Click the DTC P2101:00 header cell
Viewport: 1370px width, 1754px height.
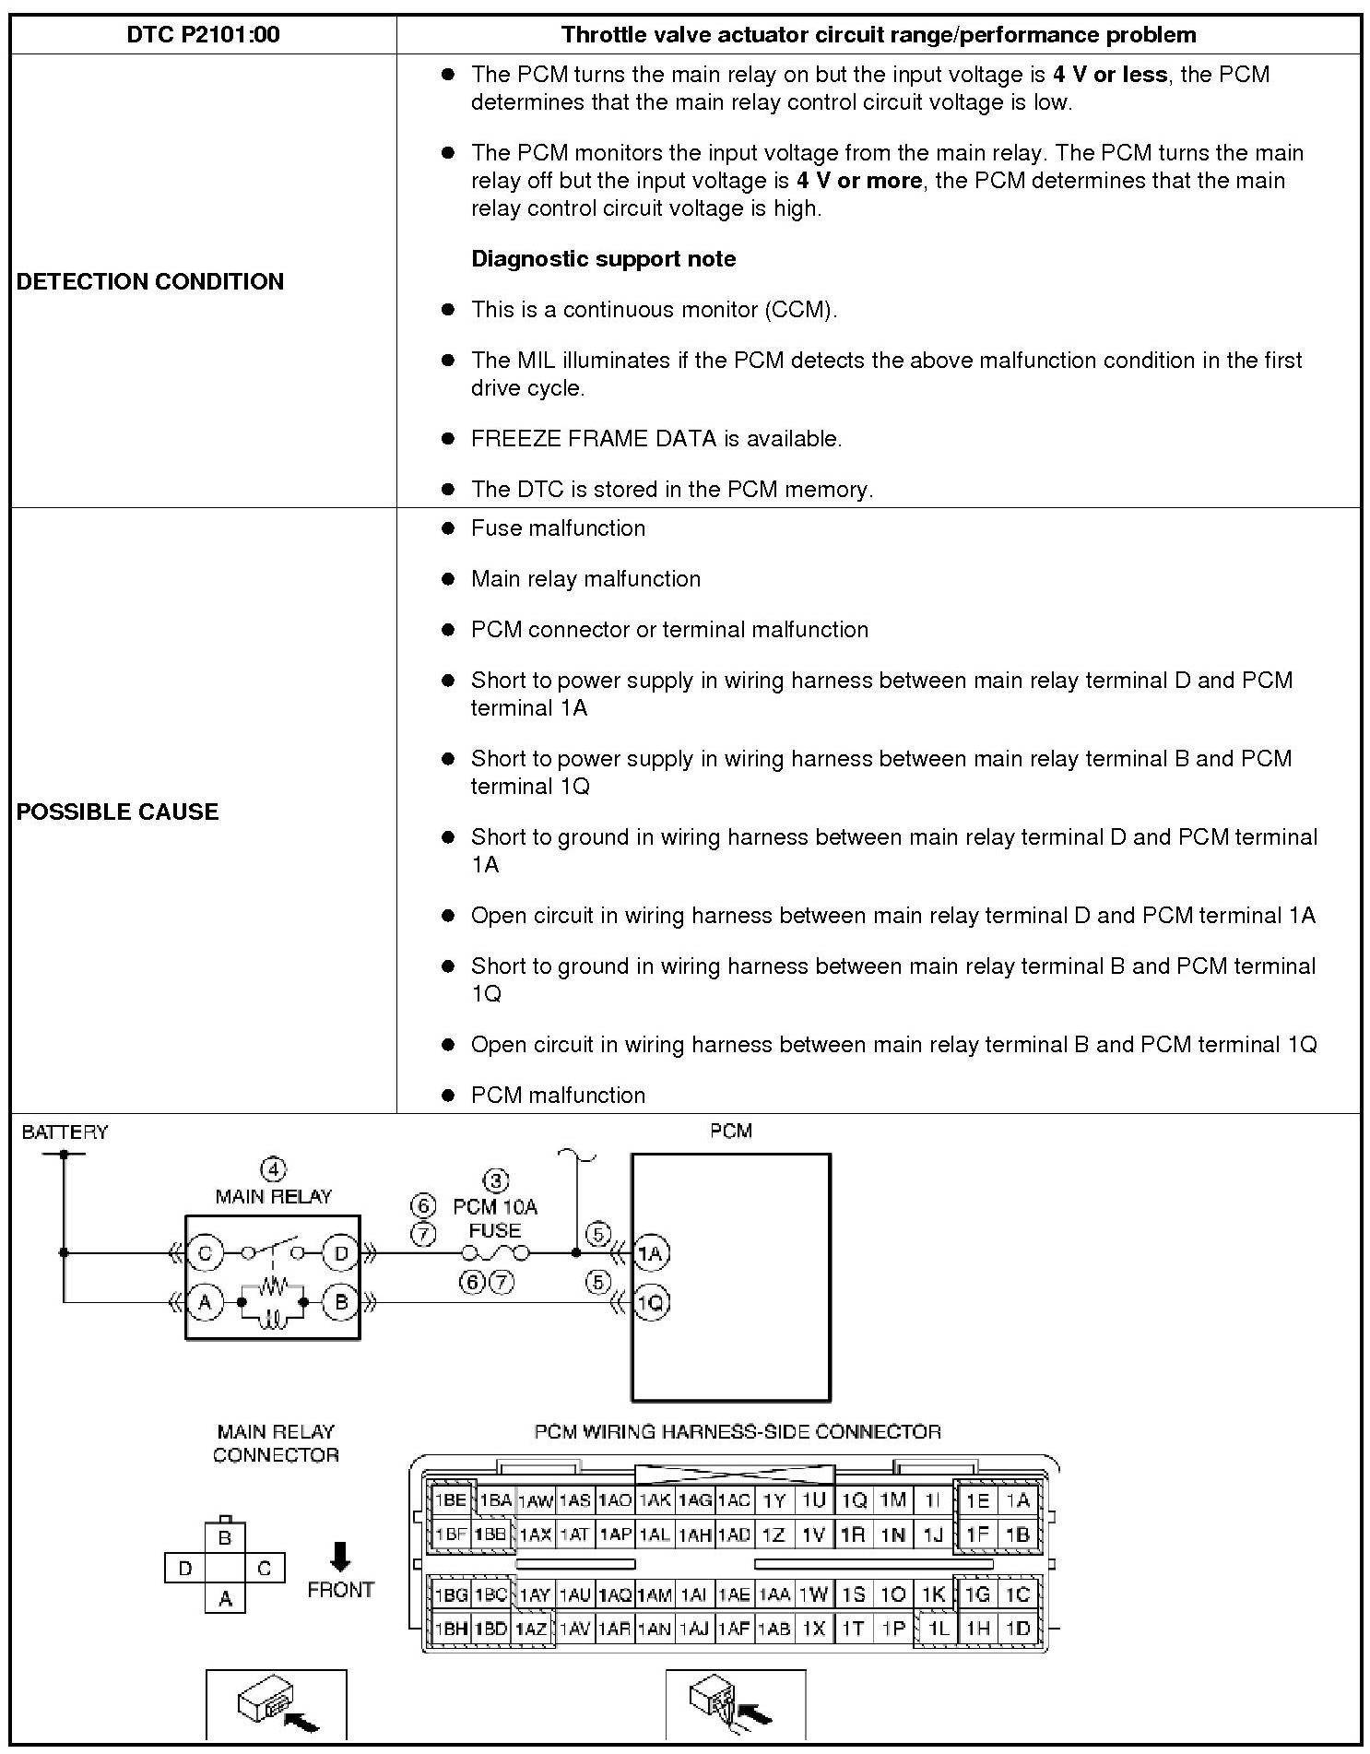[x=203, y=35]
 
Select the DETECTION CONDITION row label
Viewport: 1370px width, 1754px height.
[x=149, y=281]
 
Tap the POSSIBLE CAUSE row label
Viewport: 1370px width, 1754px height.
[x=117, y=812]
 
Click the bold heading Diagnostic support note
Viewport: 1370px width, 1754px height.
[x=603, y=258]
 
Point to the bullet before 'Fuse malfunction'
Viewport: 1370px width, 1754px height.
[x=448, y=528]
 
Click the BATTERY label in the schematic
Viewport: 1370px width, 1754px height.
[x=65, y=1132]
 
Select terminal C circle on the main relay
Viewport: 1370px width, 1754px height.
[x=205, y=1252]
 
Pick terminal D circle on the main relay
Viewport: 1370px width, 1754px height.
[x=341, y=1252]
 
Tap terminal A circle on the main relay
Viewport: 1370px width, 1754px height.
[x=205, y=1302]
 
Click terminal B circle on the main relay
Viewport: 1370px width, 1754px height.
[x=341, y=1302]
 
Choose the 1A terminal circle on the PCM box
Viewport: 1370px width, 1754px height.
[x=651, y=1252]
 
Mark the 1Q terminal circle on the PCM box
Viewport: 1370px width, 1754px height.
[x=651, y=1302]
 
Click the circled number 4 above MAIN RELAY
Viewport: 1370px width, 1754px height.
[x=273, y=1169]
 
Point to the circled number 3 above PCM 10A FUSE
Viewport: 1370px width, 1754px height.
[x=496, y=1180]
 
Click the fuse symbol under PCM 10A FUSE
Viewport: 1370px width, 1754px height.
[x=495, y=1252]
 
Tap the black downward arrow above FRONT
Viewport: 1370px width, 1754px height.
[x=340, y=1556]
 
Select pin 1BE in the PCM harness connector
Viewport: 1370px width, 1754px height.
[x=451, y=1500]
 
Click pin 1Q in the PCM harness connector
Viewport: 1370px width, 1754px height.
[x=854, y=1500]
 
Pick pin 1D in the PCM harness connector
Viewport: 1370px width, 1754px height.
[x=1018, y=1629]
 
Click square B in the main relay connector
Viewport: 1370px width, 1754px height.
[x=225, y=1537]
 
